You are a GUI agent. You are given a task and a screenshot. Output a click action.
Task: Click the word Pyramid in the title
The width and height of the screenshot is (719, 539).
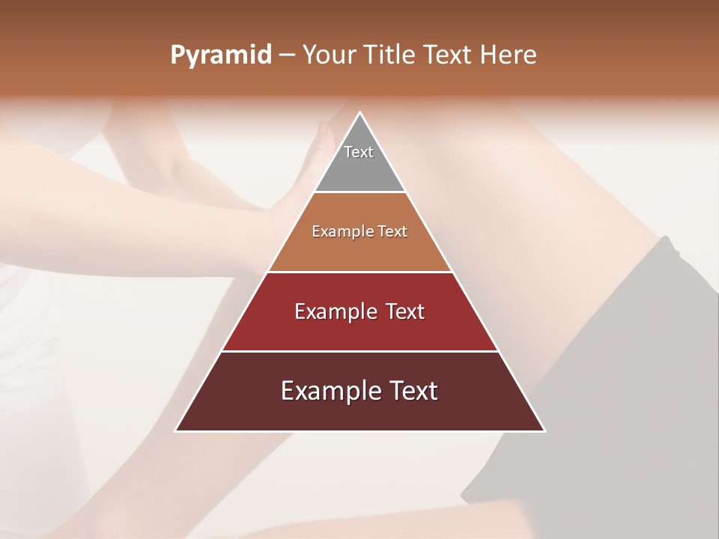[x=221, y=55]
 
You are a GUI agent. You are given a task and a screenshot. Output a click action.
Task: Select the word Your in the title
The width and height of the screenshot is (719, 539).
[x=327, y=55]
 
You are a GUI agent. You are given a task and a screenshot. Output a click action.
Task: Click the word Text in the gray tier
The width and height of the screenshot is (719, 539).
[x=359, y=152]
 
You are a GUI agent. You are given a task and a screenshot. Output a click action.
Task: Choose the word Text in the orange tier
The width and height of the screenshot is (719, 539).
[x=392, y=231]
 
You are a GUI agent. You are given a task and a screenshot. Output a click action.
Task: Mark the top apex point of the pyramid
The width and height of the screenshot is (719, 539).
[x=359, y=113]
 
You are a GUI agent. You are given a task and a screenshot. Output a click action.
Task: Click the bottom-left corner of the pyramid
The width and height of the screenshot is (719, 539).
[x=176, y=430]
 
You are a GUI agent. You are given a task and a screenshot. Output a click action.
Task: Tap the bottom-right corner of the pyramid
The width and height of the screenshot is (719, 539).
[x=544, y=430]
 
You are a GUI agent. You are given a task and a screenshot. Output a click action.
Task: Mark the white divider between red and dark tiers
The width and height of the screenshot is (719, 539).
[x=359, y=351]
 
